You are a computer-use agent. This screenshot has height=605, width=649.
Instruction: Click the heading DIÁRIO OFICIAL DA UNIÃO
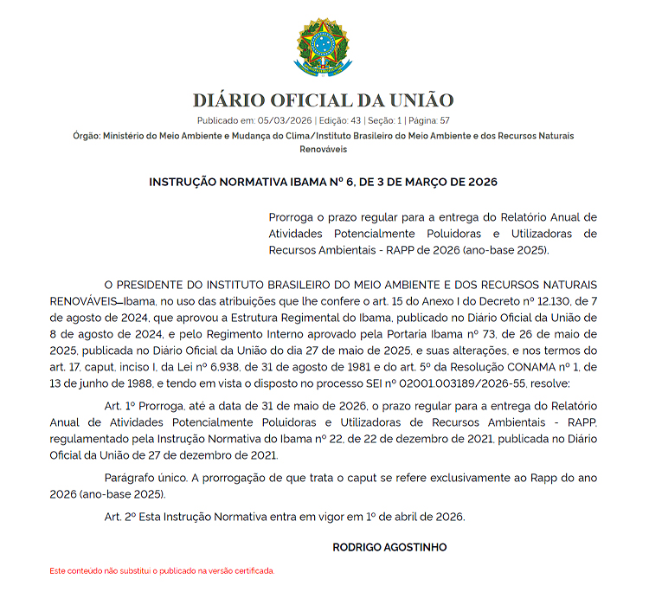(324, 100)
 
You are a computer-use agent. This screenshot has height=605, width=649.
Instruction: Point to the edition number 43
(355, 121)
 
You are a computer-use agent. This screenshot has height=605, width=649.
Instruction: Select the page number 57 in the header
(444, 121)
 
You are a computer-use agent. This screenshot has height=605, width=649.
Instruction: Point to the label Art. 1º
(119, 406)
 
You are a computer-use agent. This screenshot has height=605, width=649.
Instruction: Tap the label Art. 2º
(119, 517)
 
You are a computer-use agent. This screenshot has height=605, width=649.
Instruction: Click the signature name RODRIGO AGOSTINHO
(389, 548)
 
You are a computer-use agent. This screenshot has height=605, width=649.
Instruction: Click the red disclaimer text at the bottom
(162, 571)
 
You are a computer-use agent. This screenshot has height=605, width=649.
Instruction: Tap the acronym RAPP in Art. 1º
(582, 422)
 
